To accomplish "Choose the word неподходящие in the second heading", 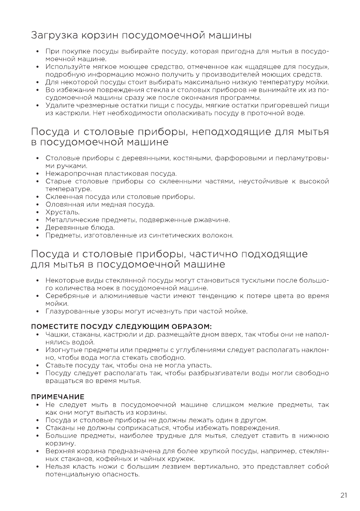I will pos(233,131).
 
